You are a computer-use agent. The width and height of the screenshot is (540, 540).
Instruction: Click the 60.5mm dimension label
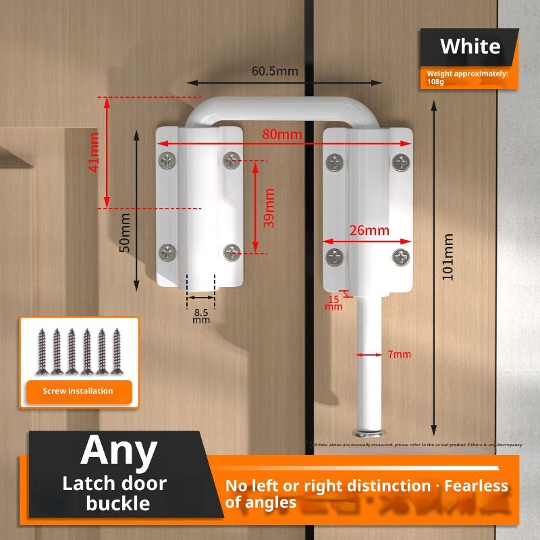point(275,70)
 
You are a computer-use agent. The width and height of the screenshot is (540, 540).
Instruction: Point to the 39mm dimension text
point(269,207)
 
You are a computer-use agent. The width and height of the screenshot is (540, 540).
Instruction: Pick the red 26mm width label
point(369,230)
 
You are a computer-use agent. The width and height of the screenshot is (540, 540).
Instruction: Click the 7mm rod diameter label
point(400,354)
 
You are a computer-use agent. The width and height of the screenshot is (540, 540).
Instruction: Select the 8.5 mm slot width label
point(201,316)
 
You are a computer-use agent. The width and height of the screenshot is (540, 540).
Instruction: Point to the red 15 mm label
point(333,302)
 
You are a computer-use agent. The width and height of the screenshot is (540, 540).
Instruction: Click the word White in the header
point(470,47)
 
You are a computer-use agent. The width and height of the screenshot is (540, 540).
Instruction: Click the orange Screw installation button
point(78,391)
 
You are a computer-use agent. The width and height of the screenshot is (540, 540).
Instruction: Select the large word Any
point(119,451)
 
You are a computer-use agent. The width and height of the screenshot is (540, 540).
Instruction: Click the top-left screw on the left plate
point(167,161)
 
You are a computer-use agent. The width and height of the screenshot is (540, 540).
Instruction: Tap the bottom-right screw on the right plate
point(402,256)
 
